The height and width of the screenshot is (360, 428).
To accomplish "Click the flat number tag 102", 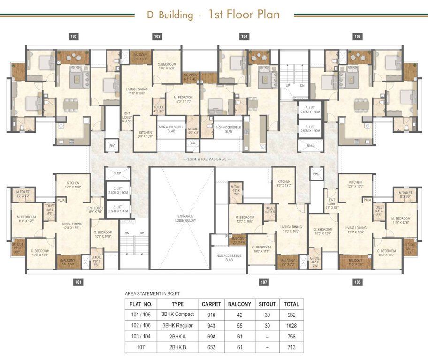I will [73, 37].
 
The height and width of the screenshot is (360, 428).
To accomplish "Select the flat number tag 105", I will [358, 37].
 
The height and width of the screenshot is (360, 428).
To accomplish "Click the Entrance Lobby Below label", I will [182, 218].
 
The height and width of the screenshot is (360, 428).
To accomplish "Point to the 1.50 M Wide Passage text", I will [214, 160].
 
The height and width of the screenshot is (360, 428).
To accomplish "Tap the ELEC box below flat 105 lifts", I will [311, 146].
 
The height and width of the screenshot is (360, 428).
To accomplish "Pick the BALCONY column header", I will [239, 304].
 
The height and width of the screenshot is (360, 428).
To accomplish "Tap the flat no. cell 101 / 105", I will [139, 315].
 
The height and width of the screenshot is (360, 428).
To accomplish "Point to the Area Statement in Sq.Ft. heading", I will [153, 294].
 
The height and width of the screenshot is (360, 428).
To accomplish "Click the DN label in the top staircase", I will [303, 87].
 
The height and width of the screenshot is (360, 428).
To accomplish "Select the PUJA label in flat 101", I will [61, 200].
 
